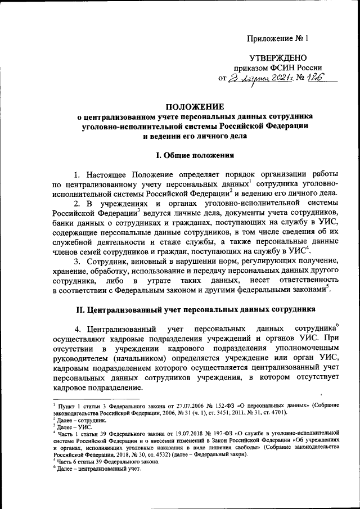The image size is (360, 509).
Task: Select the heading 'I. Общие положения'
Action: coord(195,154)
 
